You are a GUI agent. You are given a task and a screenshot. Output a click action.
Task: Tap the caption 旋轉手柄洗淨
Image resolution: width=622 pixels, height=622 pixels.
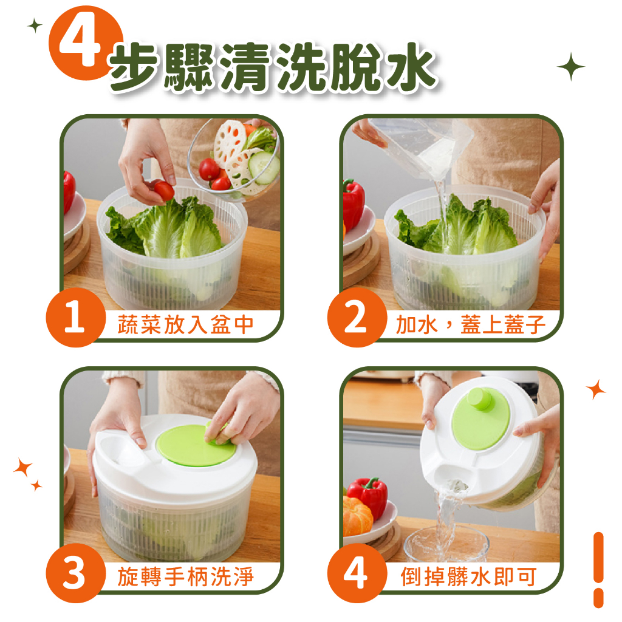[185, 577]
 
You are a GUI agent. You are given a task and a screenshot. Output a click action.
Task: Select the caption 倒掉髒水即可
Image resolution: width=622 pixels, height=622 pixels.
[468, 577]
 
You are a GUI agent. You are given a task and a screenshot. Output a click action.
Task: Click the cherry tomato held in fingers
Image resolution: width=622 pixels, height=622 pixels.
[163, 190]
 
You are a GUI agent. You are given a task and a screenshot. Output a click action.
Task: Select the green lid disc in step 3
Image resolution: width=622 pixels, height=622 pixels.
[196, 444]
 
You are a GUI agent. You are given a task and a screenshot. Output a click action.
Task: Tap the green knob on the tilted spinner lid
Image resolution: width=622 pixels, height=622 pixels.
[480, 398]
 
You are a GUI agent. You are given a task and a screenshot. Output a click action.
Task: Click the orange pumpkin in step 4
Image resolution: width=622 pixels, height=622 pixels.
[357, 516]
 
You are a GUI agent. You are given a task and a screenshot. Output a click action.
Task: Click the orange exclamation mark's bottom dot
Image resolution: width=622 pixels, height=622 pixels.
[598, 598]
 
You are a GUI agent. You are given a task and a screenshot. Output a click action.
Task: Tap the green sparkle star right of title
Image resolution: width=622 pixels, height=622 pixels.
[571, 67]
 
